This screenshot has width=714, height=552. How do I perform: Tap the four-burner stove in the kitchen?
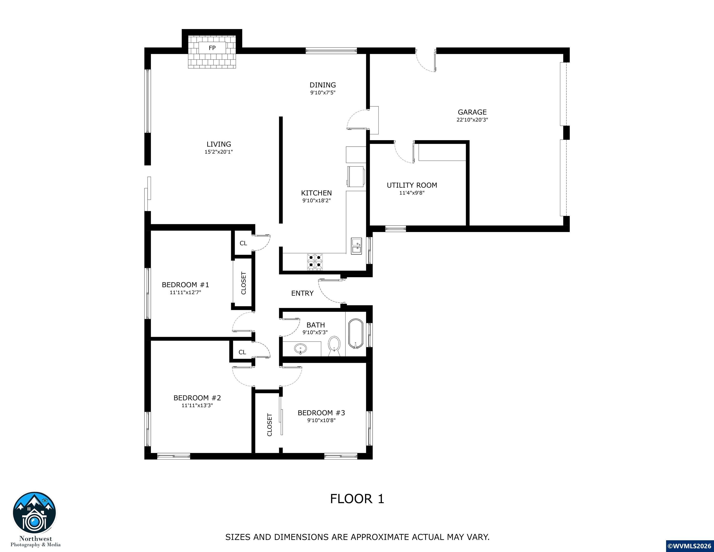coord(314,262)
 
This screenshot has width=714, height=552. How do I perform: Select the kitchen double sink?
coord(356,246)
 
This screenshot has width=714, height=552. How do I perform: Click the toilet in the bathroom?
coord(334,346)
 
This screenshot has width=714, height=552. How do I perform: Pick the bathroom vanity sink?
coord(300,349)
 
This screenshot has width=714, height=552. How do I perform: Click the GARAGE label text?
coord(472,112)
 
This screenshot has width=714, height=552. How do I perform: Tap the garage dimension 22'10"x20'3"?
coord(472,120)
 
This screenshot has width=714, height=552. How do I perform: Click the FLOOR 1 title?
coord(357,499)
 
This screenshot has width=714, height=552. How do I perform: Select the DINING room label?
coord(323,85)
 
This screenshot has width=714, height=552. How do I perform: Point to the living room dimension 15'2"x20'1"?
coord(219,152)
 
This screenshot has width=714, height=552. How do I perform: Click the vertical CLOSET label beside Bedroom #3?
coord(270,425)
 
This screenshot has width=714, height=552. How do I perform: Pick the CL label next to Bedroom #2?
coord(242,352)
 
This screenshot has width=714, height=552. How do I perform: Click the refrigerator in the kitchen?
coord(356,177)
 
